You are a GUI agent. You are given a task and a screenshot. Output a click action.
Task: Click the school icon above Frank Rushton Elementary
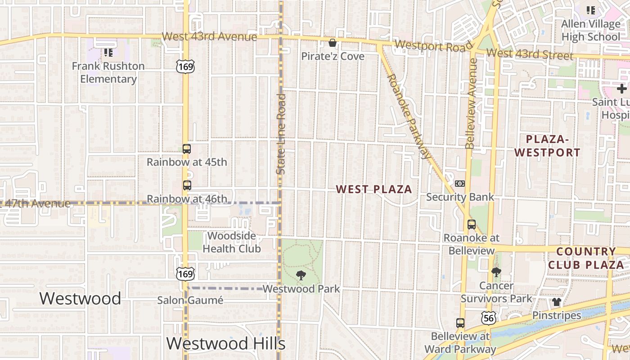(x=108, y=53)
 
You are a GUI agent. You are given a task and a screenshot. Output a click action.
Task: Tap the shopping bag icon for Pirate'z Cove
(x=333, y=43)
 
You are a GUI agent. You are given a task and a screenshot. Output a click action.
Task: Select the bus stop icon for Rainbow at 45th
(x=187, y=149)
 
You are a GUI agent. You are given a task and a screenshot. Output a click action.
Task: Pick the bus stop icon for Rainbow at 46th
(x=187, y=185)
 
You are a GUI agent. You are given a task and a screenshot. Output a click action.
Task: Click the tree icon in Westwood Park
(x=301, y=275)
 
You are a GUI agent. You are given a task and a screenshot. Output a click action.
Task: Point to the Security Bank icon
(x=459, y=184)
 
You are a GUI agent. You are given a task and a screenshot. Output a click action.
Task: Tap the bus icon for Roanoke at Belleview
(x=471, y=225)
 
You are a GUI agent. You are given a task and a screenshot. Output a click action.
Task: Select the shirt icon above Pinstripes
(x=557, y=302)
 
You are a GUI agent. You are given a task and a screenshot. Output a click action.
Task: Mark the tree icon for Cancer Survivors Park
(x=496, y=272)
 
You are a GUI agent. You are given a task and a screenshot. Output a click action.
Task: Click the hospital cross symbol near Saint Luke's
(x=621, y=89)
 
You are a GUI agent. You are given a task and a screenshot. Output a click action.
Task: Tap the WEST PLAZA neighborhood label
(x=374, y=189)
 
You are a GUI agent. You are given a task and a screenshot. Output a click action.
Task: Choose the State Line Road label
(x=281, y=134)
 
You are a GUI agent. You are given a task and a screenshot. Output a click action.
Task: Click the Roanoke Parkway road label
(x=407, y=116)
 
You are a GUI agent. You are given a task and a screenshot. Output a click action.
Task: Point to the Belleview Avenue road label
(x=471, y=103)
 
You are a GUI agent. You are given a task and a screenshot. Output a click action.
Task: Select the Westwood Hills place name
(x=226, y=344)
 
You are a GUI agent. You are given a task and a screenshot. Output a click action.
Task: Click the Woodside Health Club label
(x=231, y=242)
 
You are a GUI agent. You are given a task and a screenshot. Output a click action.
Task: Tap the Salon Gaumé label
(x=190, y=300)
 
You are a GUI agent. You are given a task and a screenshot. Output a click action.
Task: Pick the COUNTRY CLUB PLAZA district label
(x=586, y=258)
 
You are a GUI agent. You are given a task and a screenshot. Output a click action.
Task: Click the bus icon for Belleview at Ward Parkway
(x=460, y=323)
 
